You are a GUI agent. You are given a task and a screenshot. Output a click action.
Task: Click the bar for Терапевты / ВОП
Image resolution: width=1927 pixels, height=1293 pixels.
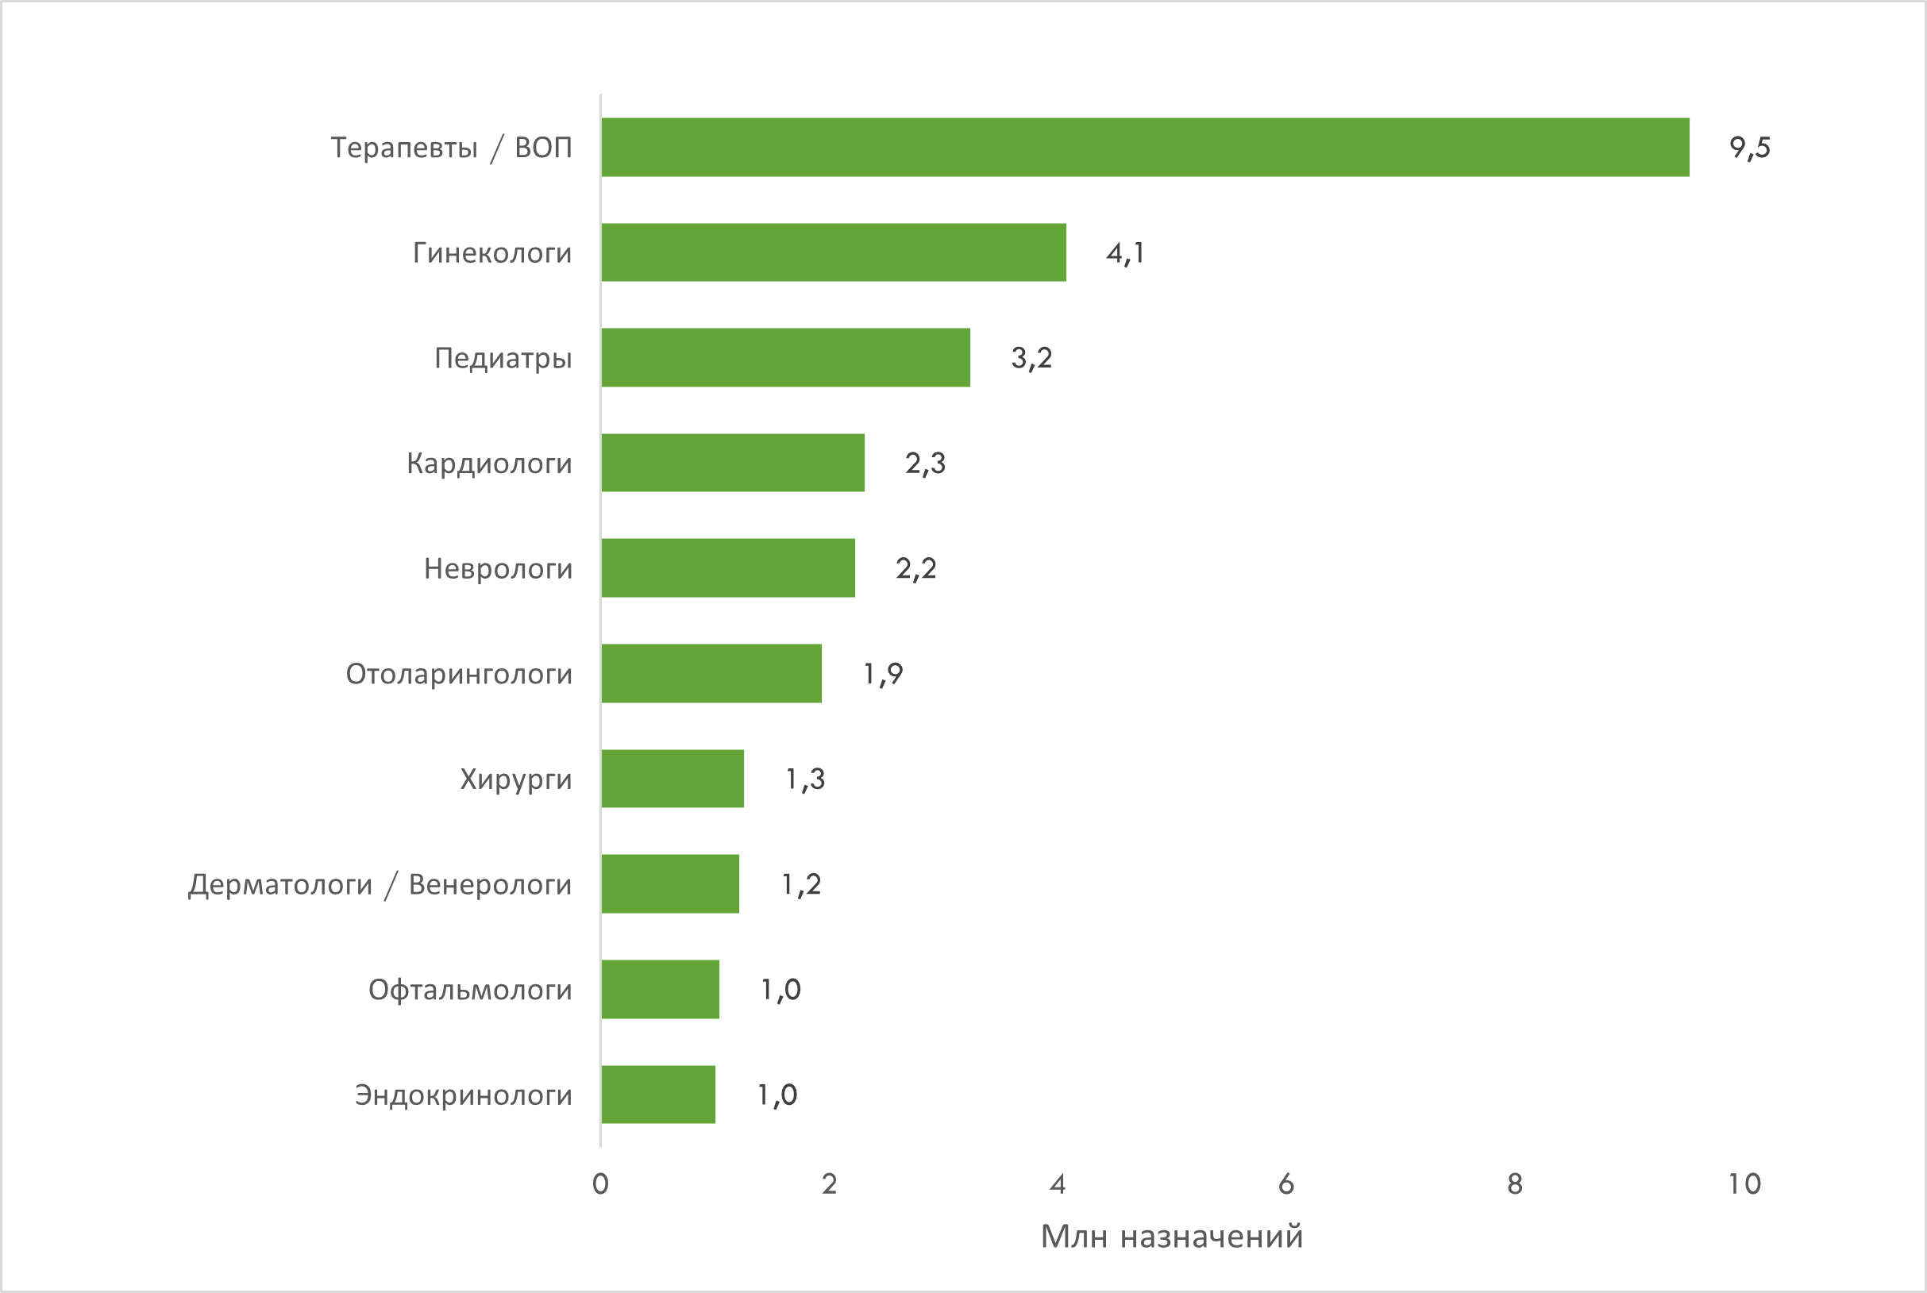point(1145,147)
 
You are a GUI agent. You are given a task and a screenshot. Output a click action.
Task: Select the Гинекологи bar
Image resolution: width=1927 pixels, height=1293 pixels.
point(833,252)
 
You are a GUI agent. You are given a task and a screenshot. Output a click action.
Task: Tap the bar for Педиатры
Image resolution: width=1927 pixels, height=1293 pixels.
point(785,357)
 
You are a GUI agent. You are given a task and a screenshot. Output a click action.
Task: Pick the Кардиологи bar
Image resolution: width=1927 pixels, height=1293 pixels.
point(733,463)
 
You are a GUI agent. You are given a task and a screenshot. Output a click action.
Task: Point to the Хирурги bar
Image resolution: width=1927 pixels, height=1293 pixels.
point(673,779)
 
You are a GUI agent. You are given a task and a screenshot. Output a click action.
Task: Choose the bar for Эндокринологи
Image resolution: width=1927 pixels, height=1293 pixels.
point(658,1095)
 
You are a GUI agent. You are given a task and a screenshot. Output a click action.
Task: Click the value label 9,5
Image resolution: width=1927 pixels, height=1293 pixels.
point(1750,148)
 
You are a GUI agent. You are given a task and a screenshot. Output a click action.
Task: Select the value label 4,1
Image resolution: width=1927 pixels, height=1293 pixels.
point(1125,253)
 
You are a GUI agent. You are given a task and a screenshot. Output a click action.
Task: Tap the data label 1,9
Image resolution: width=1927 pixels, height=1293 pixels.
point(883,675)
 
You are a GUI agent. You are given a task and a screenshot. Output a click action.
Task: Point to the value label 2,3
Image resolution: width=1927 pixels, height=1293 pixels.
point(926,464)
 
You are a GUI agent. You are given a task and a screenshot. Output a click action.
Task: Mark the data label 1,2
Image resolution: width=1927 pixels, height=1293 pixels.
point(801,885)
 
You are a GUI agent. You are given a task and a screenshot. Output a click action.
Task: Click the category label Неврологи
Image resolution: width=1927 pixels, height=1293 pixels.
point(499,569)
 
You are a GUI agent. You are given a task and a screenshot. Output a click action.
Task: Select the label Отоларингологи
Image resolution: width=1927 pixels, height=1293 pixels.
point(459,675)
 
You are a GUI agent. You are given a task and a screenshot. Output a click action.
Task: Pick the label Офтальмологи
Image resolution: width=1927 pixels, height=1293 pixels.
point(470,990)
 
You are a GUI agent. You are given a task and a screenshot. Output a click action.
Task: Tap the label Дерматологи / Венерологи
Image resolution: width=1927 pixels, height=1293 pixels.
point(380,885)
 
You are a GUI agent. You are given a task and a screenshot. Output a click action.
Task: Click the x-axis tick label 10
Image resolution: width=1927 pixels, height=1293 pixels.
point(1744,1184)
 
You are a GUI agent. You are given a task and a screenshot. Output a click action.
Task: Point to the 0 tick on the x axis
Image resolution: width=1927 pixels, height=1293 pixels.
point(600,1184)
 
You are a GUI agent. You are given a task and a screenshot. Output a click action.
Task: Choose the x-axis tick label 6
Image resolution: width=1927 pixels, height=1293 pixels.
point(1286,1184)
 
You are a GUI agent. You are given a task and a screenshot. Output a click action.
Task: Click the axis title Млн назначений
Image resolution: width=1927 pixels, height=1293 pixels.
point(1171,1237)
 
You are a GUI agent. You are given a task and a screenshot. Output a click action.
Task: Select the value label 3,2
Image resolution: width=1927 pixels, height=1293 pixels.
point(1032,358)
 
